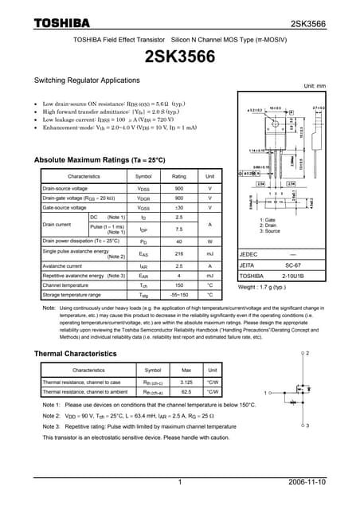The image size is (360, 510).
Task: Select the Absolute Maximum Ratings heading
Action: click(100, 160)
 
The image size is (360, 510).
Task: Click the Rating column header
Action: click(179, 176)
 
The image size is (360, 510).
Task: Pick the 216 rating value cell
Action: click(179, 253)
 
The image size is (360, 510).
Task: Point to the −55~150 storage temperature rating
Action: click(179, 295)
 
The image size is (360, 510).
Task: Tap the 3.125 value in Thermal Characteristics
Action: click(186, 382)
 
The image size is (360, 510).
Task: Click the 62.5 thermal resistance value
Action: click(186, 391)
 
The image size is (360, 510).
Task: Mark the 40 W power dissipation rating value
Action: click(179, 240)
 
